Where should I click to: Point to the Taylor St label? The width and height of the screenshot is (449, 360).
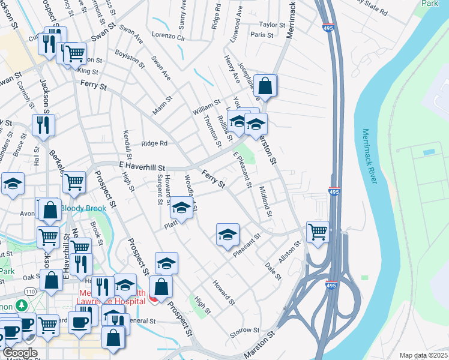click(271, 25)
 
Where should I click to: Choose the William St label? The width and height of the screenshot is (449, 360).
click(206, 108)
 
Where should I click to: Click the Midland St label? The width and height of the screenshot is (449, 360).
click(265, 202)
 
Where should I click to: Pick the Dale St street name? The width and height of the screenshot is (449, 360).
click(273, 269)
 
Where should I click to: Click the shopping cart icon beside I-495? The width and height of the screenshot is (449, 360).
click(318, 231)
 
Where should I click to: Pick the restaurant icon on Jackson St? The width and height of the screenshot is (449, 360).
click(44, 125)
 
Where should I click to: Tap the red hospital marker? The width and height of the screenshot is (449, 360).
click(153, 298)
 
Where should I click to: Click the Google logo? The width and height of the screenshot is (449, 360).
click(20, 353)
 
